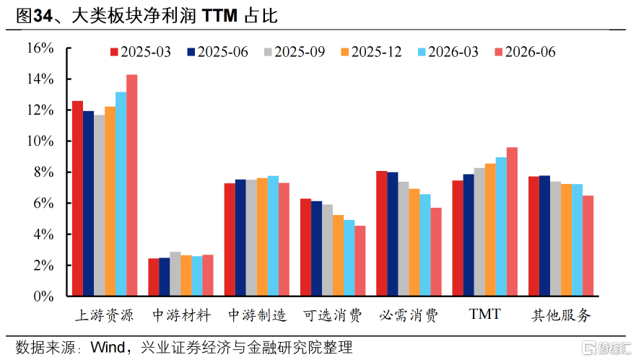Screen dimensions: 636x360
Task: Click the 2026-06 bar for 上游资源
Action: click(x=132, y=185)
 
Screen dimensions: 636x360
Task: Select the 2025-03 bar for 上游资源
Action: click(x=77, y=198)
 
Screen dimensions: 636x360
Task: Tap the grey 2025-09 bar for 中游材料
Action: click(x=175, y=273)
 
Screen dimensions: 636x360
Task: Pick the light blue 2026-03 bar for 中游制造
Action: click(x=273, y=236)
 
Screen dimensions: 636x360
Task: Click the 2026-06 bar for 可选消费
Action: click(x=360, y=260)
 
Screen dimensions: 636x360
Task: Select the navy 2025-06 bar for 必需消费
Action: click(x=393, y=234)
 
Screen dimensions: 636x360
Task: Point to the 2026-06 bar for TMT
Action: click(x=512, y=221)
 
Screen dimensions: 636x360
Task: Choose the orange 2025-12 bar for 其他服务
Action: click(x=566, y=240)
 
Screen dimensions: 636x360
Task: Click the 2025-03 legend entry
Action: click(x=140, y=52)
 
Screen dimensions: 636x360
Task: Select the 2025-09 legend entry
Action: click(x=294, y=52)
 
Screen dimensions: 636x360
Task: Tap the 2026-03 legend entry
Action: click(x=448, y=52)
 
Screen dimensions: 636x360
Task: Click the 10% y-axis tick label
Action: click(x=40, y=141)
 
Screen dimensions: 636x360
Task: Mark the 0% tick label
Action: click(x=43, y=297)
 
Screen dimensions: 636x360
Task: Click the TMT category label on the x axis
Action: click(x=484, y=315)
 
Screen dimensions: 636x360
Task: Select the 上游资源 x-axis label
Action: click(x=105, y=315)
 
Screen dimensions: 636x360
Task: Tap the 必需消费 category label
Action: click(x=409, y=315)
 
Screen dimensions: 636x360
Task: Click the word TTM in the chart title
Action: click(x=219, y=16)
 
